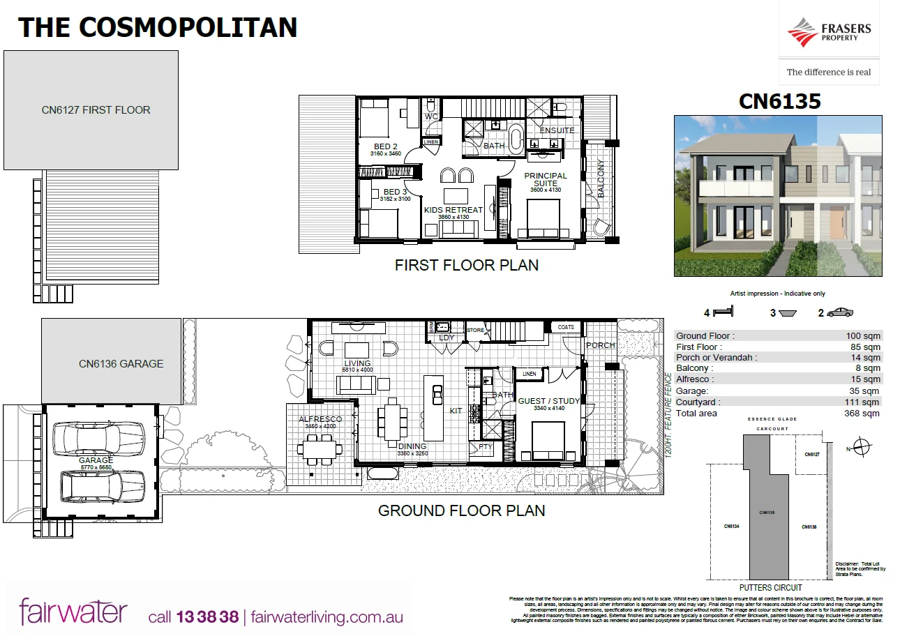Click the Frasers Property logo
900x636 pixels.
(x=829, y=33)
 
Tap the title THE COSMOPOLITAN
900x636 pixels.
(x=158, y=27)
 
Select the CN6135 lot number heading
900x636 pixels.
(x=779, y=102)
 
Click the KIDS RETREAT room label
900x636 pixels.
(x=453, y=210)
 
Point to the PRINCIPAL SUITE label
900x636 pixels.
(x=546, y=179)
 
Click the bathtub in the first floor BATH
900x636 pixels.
(x=516, y=139)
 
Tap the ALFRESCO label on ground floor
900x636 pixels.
(x=320, y=419)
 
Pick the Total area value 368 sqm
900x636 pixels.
(x=862, y=414)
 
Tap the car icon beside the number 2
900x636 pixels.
(x=839, y=313)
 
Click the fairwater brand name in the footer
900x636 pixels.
(x=73, y=612)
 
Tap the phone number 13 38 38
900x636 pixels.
(x=207, y=617)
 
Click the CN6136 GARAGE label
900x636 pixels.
(x=121, y=363)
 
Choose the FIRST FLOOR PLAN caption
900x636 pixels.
(x=466, y=265)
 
